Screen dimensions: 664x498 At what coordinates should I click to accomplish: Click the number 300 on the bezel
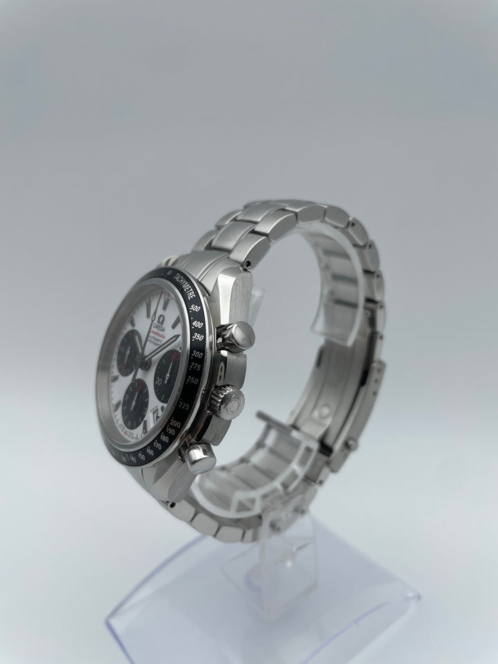201,353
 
